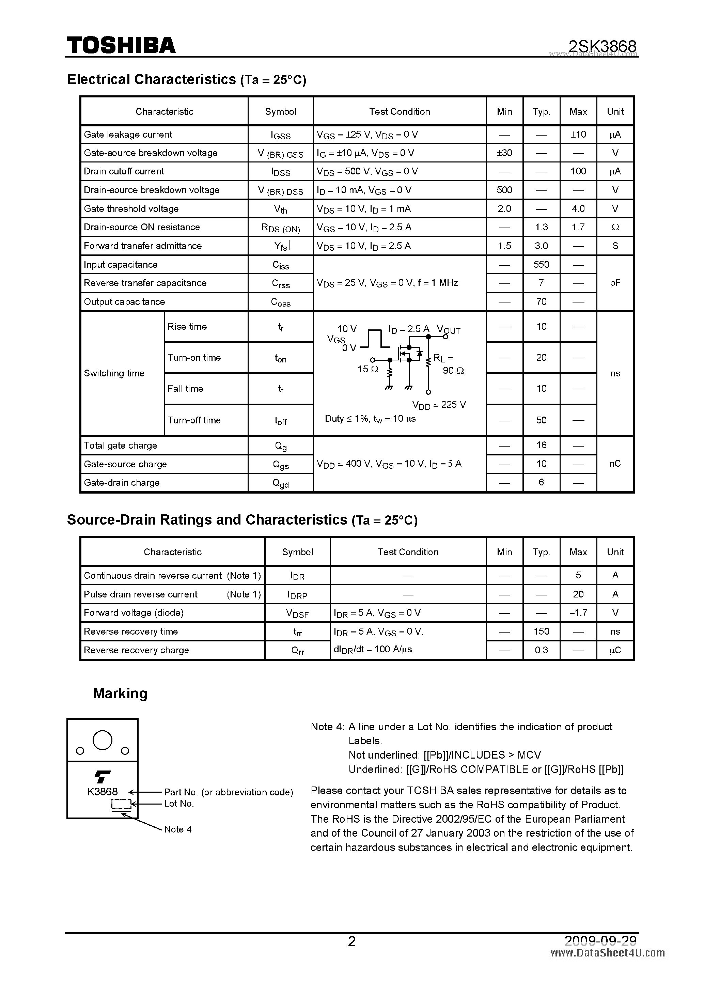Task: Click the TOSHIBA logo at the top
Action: pos(121,45)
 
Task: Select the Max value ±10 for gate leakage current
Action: pos(578,135)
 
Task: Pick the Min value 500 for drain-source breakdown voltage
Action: pos(504,190)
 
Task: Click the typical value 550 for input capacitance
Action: pos(541,265)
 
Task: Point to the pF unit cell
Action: pos(615,283)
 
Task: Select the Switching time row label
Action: pos(114,373)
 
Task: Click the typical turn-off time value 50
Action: pos(541,420)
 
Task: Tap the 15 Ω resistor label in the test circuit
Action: pos(368,369)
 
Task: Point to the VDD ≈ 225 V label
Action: pos(439,405)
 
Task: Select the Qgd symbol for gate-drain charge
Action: pos(281,483)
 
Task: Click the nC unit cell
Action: pos(615,464)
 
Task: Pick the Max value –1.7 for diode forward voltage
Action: pos(578,612)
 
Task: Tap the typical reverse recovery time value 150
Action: pos(541,631)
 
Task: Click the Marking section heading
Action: pos(120,693)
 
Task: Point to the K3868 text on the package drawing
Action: pos(103,792)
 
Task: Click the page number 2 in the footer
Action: pos(352,941)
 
